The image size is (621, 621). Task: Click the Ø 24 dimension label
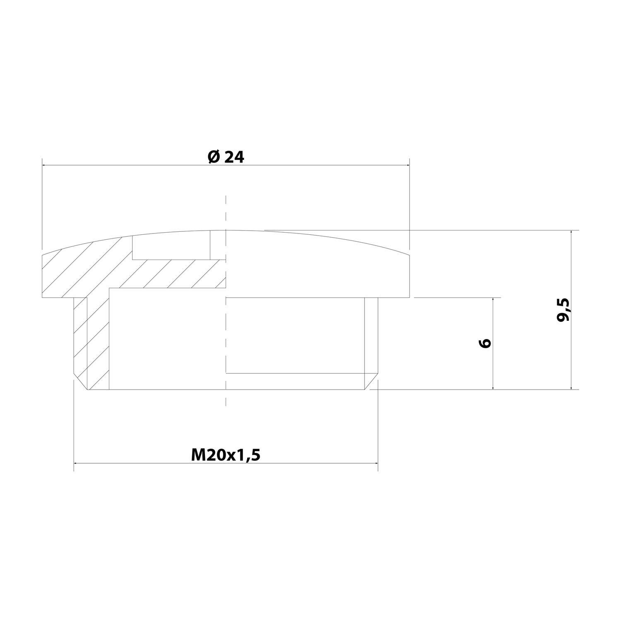[226, 157]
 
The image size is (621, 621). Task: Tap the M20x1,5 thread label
[226, 455]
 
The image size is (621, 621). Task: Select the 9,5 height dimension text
[563, 310]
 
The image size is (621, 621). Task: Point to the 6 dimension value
[486, 343]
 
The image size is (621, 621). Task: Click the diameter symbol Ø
[213, 157]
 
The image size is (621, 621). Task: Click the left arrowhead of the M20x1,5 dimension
[77, 463]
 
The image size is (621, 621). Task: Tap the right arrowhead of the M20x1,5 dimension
[375, 463]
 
